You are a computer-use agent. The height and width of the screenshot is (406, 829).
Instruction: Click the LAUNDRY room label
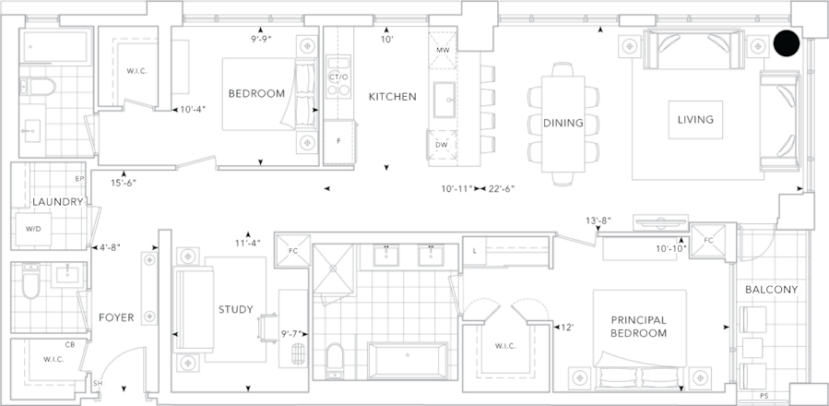(x=58, y=201)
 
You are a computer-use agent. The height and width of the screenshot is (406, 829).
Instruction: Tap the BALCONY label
(x=771, y=290)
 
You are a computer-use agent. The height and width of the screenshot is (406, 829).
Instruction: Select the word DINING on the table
(x=562, y=124)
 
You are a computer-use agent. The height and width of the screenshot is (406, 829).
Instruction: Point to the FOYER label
(x=116, y=317)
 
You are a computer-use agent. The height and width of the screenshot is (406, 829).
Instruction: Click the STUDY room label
(x=234, y=310)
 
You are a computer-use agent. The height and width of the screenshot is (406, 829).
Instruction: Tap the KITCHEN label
(x=391, y=96)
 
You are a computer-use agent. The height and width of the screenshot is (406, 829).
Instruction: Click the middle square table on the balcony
(x=754, y=348)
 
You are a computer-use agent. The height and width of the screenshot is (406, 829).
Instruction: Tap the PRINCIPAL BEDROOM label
(x=638, y=325)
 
